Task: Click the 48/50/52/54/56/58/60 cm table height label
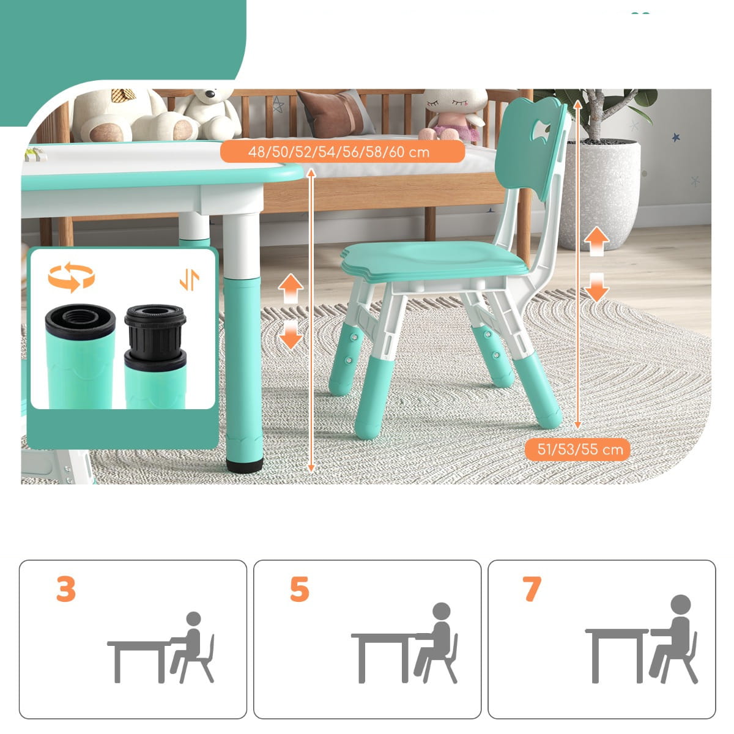[338, 152]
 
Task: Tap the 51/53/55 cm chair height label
[580, 450]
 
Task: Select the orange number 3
[66, 589]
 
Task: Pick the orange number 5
[299, 589]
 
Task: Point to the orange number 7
[532, 589]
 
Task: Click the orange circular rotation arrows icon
[71, 277]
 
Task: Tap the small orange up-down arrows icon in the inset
[189, 280]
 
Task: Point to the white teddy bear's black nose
[209, 93]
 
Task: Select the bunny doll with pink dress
[453, 114]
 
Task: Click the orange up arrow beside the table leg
[291, 288]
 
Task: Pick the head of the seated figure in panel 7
[680, 604]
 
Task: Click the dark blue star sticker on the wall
[676, 137]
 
